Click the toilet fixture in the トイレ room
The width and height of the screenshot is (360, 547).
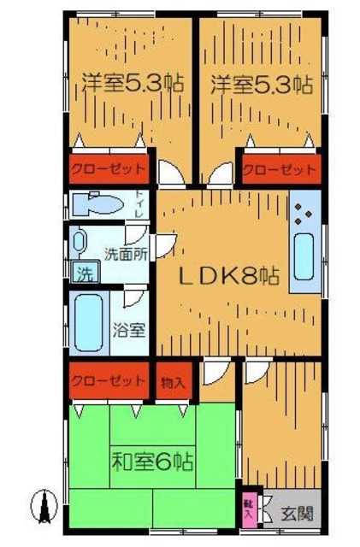(x=96, y=205)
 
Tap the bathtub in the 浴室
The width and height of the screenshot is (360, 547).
(x=87, y=321)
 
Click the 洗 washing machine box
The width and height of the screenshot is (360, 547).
(x=84, y=273)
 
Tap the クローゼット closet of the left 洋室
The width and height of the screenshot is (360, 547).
(x=108, y=168)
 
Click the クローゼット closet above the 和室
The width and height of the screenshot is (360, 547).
(x=108, y=380)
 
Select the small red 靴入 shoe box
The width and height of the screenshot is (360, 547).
(x=248, y=510)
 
